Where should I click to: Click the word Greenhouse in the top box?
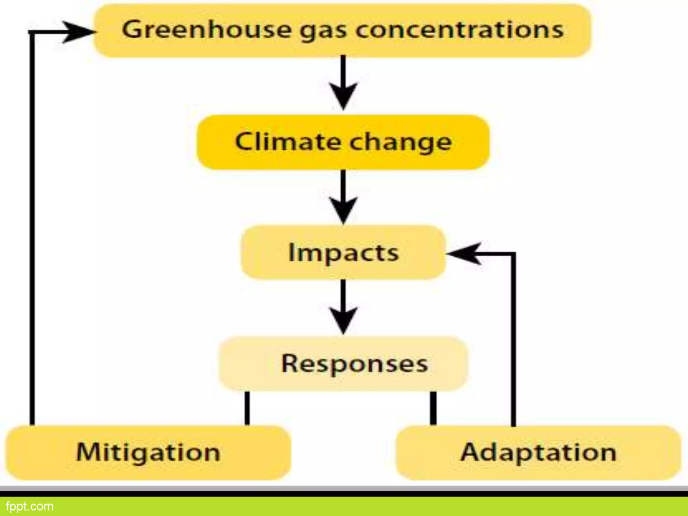click(x=206, y=30)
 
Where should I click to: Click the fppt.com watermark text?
click(x=30, y=506)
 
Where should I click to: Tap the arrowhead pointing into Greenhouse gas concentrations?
click(x=77, y=32)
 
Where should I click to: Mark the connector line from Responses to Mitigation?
click(x=247, y=408)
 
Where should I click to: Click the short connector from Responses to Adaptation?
click(x=433, y=408)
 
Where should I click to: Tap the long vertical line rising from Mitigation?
click(x=32, y=228)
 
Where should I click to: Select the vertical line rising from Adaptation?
click(x=513, y=339)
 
